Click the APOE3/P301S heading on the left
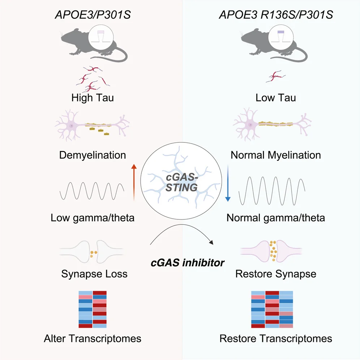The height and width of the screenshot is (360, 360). (x=93, y=15)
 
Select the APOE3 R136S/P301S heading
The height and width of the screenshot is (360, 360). (x=276, y=15)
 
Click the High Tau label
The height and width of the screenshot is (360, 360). (x=93, y=98)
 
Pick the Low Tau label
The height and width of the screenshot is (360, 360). (x=276, y=98)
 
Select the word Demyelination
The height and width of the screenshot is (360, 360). (x=93, y=155)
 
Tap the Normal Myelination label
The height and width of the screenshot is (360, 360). (x=276, y=155)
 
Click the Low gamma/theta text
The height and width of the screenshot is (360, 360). (x=93, y=218)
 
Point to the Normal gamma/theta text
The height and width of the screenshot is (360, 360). (x=276, y=218)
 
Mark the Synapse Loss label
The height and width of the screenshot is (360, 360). (x=94, y=274)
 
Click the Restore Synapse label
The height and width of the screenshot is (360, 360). (x=276, y=274)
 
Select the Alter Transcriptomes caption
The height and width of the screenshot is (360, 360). (x=93, y=339)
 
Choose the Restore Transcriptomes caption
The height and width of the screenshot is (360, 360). (x=276, y=339)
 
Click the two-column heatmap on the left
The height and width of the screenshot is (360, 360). (x=93, y=309)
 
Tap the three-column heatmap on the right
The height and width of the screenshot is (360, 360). (x=272, y=309)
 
